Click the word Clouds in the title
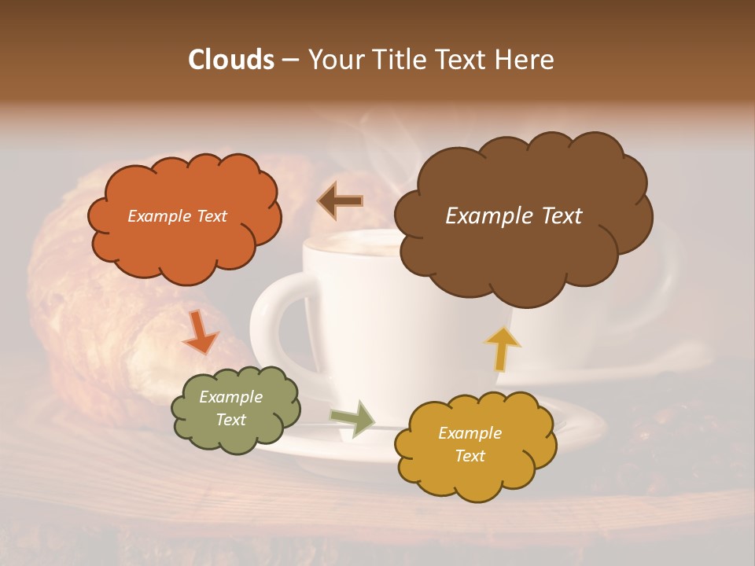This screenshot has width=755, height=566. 230,60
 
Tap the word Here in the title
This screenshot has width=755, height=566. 524,60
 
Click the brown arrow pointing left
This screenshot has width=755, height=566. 340,200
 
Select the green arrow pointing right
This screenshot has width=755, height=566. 353,418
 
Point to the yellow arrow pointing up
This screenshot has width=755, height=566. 502,348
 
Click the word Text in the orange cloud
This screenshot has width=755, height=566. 211,216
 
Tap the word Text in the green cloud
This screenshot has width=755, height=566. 230,420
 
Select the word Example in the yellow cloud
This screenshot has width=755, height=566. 470,433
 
